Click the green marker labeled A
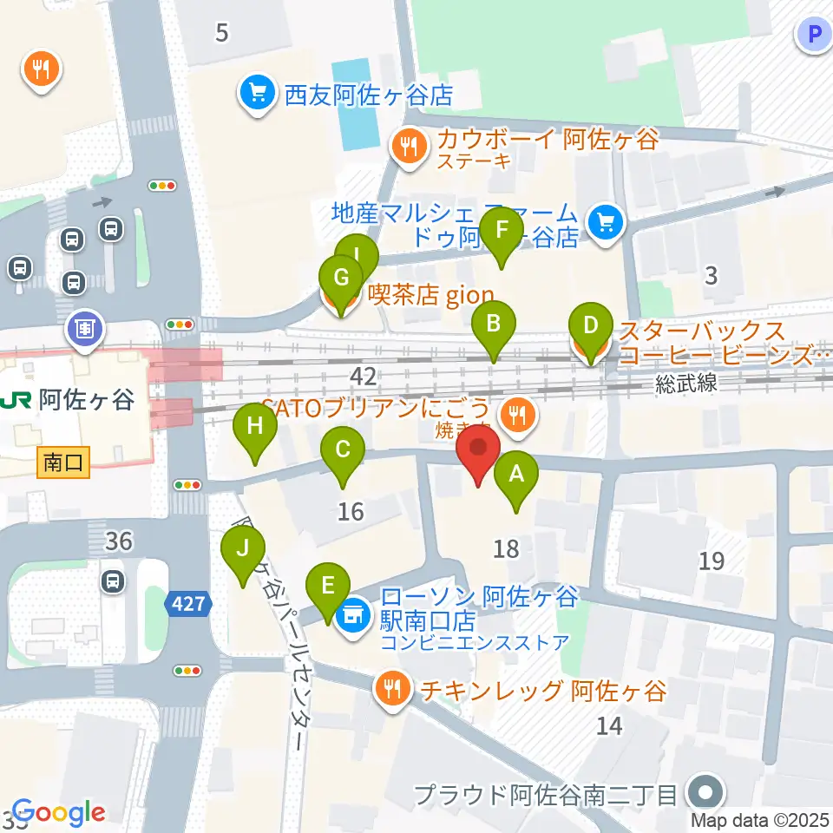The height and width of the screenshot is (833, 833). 516,478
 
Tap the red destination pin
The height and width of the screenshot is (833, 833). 478,453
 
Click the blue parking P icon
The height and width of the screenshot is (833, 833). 813,35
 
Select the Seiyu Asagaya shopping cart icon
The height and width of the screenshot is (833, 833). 258,93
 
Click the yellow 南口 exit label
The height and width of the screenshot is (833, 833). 64,463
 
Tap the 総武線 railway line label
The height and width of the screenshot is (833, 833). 686,383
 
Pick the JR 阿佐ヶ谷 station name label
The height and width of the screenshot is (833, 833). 69,400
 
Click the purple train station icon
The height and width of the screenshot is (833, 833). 84,330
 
